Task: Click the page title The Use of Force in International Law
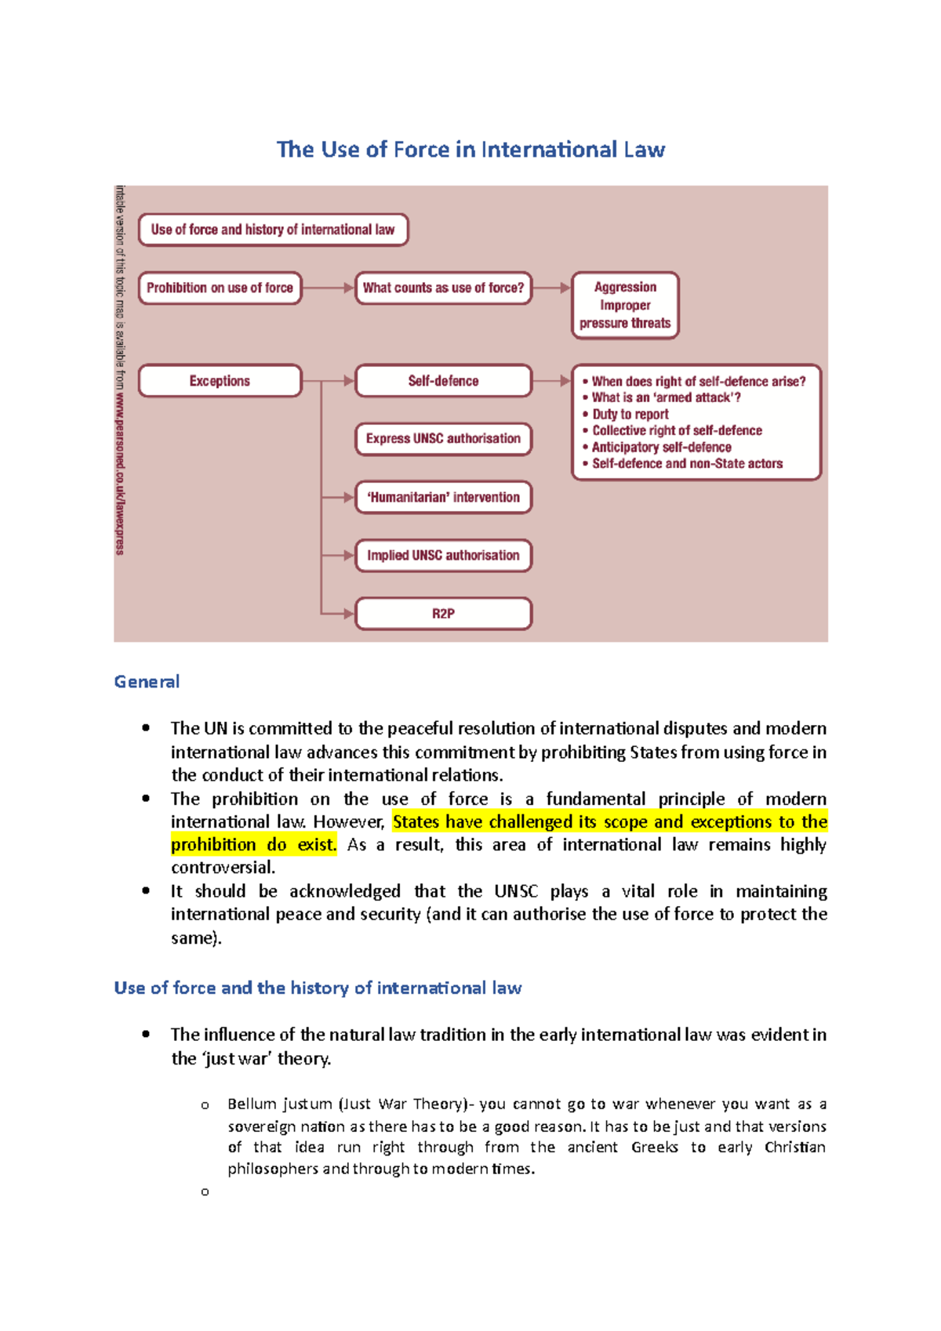pyautogui.click(x=470, y=149)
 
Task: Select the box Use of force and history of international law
pyautogui.click(x=273, y=230)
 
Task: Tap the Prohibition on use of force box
pyautogui.click(x=220, y=288)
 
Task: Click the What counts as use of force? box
pyautogui.click(x=443, y=288)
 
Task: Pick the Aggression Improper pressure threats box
pyautogui.click(x=625, y=305)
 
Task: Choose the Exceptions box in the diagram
pyautogui.click(x=220, y=381)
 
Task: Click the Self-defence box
pyautogui.click(x=443, y=381)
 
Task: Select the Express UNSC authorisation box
pyautogui.click(x=443, y=439)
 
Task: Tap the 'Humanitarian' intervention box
pyautogui.click(x=443, y=497)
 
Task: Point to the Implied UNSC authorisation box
pyautogui.click(x=443, y=555)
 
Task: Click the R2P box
pyautogui.click(x=443, y=613)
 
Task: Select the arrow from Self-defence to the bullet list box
pyautogui.click(x=552, y=381)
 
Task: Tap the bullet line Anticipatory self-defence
pyautogui.click(x=661, y=447)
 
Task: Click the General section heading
pyautogui.click(x=147, y=681)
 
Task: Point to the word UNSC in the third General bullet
pyautogui.click(x=516, y=891)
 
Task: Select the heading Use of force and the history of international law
pyautogui.click(x=318, y=988)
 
